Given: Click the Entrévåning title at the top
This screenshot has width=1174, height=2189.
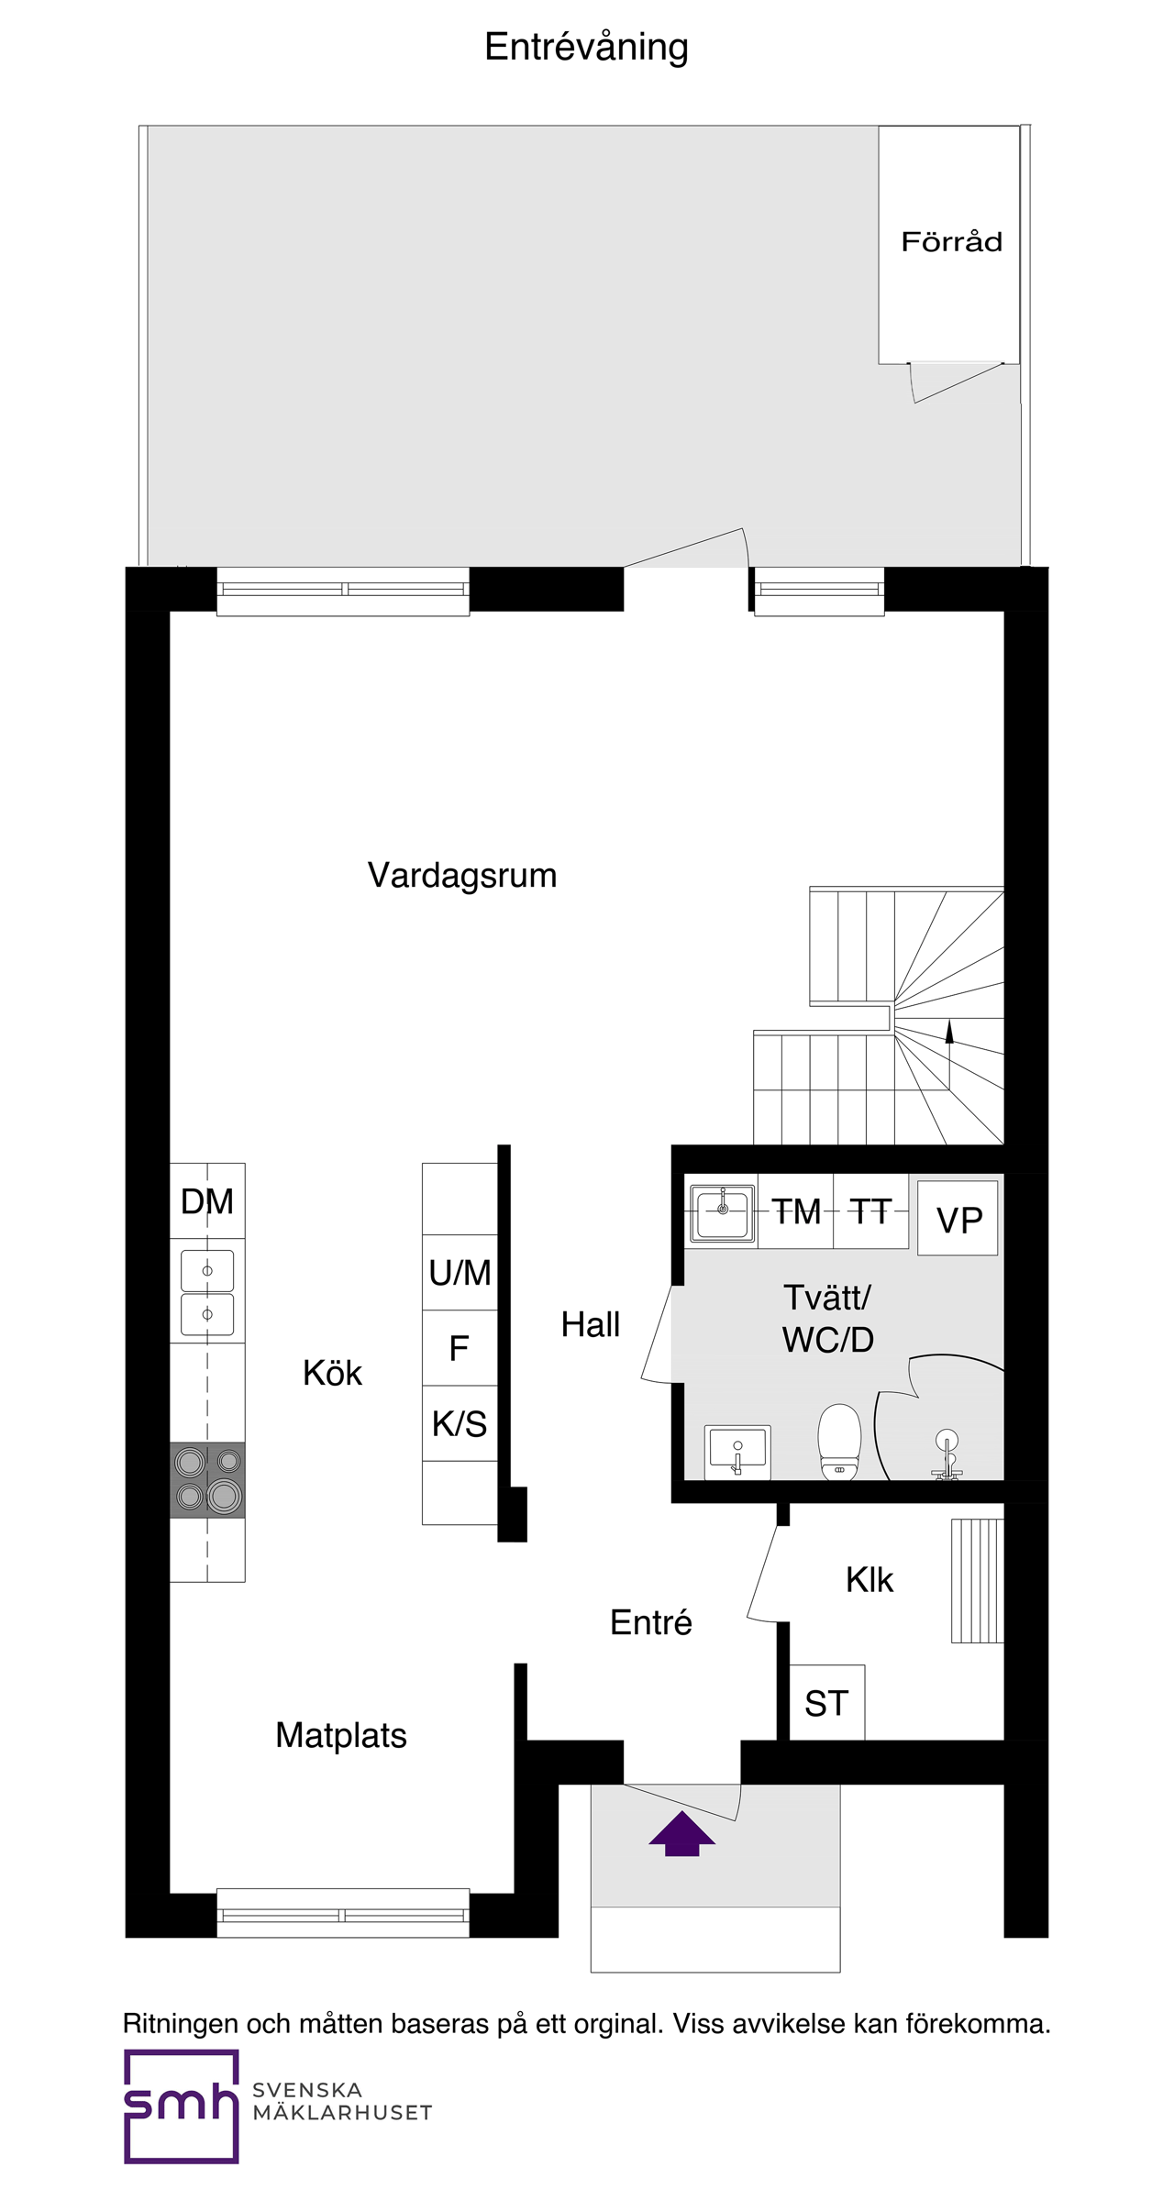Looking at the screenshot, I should pos(586,48).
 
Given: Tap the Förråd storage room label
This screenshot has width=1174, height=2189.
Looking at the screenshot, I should pos(951,242).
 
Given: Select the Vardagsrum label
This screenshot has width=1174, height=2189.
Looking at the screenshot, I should pos(462,875).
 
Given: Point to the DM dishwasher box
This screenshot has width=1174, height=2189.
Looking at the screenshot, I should pos(207,1200).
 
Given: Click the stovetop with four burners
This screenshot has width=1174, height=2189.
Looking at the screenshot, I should pos(207,1479).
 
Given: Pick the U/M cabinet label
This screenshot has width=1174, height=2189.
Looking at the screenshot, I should pos(460,1272).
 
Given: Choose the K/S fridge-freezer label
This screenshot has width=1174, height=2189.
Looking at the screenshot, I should pos(460,1423).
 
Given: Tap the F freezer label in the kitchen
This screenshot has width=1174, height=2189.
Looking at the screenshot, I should pos(460,1348).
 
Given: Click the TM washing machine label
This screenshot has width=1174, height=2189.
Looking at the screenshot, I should pos(795,1211).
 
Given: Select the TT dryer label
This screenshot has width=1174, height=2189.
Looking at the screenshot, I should pos(870,1211).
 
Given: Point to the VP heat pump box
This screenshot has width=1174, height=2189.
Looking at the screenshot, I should pos(958,1219).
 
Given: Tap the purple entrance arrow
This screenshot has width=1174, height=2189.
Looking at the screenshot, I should pos(681,1833).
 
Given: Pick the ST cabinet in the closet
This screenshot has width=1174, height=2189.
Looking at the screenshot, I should pos(826,1703).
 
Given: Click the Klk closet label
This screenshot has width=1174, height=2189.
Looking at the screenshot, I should pos(869,1579).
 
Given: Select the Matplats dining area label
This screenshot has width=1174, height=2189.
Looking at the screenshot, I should pos(341,1735).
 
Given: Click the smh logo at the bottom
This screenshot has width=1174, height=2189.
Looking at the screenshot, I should pos(182,2106).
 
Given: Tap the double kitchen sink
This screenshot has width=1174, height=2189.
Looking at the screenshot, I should pos(207,1292).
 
